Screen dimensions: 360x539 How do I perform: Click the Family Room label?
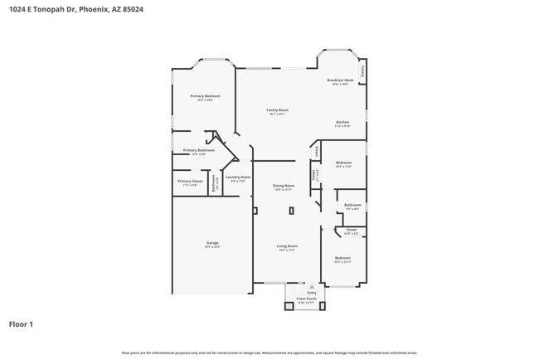pyautogui.click(x=277, y=110)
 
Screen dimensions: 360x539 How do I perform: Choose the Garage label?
pyautogui.click(x=212, y=243)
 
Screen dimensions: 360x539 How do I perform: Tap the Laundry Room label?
pyautogui.click(x=238, y=178)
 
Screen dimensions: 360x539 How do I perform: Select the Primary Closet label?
pyautogui.click(x=190, y=182)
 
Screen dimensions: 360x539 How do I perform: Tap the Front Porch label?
pyautogui.click(x=307, y=299)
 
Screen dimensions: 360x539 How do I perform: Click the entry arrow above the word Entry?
pyautogui.click(x=312, y=286)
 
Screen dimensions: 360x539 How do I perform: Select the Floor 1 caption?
pyautogui.click(x=21, y=324)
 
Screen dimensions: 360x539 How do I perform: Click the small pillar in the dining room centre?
pyautogui.click(x=291, y=211)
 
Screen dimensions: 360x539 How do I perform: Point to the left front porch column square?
pyautogui.click(x=288, y=305)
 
